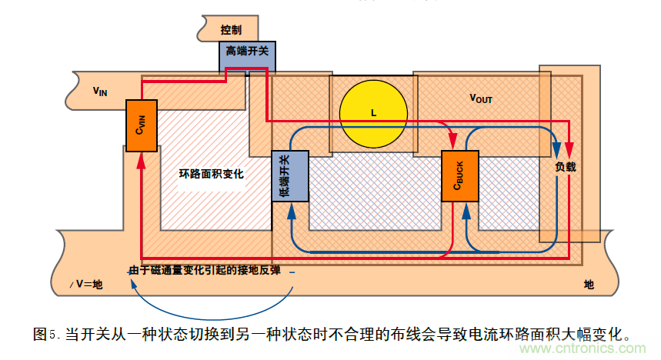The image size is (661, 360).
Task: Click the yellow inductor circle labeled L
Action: pyautogui.click(x=373, y=112)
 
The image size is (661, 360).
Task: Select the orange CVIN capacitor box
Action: pyautogui.click(x=141, y=125)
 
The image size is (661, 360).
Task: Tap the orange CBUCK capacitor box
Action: pyautogui.click(x=459, y=177)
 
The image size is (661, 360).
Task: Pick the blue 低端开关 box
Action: pyautogui.click(x=289, y=176)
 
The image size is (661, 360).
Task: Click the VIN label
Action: pyautogui.click(x=100, y=91)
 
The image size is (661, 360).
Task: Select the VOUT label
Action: pyautogui.click(x=481, y=98)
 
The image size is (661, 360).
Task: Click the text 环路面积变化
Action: pyautogui.click(x=212, y=174)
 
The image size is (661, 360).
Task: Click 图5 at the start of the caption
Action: pyautogui.click(x=46, y=335)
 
